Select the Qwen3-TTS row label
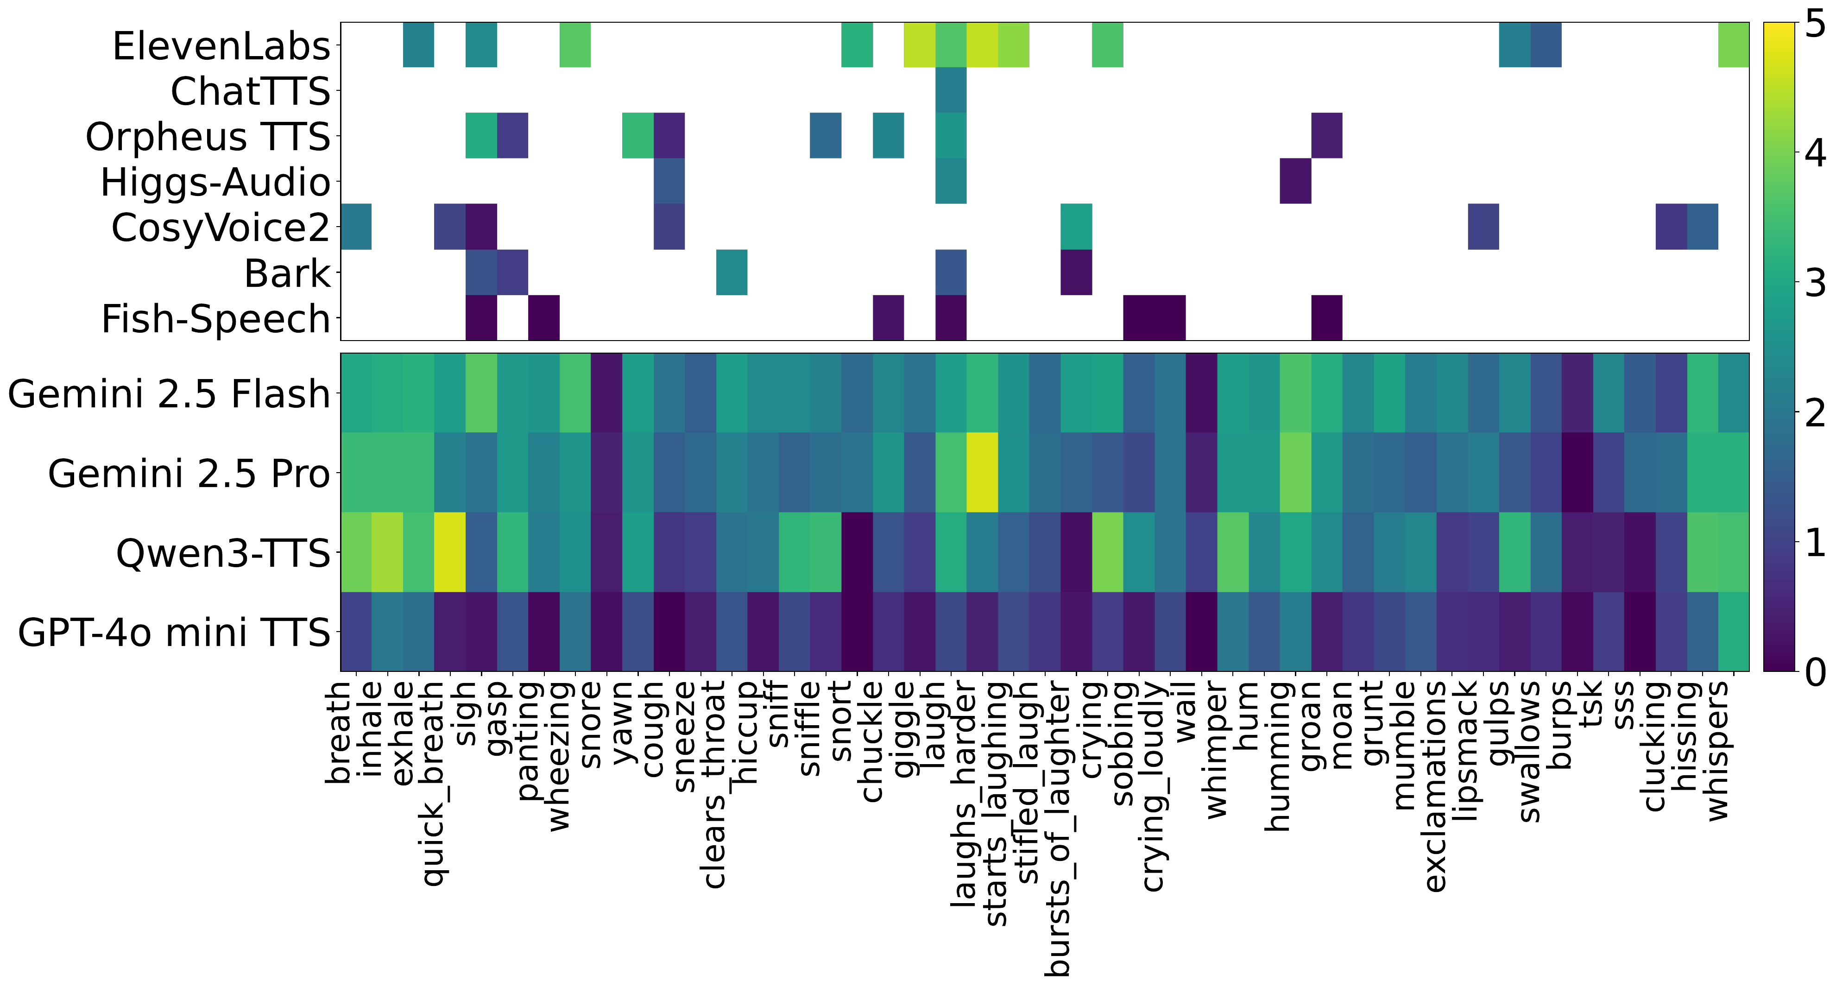click(223, 553)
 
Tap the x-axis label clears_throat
click(715, 784)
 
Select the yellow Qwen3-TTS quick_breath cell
click(450, 552)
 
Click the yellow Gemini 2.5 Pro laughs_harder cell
click(982, 473)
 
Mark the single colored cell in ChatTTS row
click(951, 90)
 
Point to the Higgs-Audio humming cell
click(1295, 181)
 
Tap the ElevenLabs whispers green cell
click(1733, 45)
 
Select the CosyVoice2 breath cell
click(356, 227)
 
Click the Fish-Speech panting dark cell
click(544, 318)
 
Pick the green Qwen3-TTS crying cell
click(1107, 552)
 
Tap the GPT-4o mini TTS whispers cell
click(1733, 632)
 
